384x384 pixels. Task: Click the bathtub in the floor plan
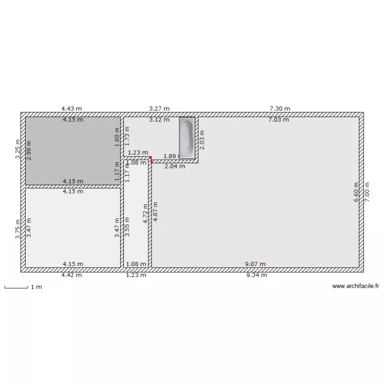[x=187, y=137]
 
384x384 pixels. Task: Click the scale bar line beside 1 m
[x=16, y=288]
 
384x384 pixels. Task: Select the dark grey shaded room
[x=73, y=151]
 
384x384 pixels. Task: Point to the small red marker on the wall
[x=151, y=160]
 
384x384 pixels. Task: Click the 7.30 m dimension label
[x=280, y=109]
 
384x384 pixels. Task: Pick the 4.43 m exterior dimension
[x=72, y=109]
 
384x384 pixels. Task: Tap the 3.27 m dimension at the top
[x=159, y=109]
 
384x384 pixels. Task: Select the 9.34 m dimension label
[x=257, y=275]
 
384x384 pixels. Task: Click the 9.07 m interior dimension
[x=255, y=264]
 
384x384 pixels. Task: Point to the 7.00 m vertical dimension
[x=367, y=192]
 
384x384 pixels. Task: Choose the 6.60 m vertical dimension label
[x=357, y=192]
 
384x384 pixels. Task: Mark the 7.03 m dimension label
[x=279, y=120]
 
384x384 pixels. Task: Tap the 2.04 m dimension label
[x=175, y=166]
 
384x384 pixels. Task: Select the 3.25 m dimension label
[x=18, y=150]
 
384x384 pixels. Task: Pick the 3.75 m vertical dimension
[x=18, y=229]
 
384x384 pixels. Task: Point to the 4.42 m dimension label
[x=72, y=275]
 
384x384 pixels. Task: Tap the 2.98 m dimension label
[x=29, y=151]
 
